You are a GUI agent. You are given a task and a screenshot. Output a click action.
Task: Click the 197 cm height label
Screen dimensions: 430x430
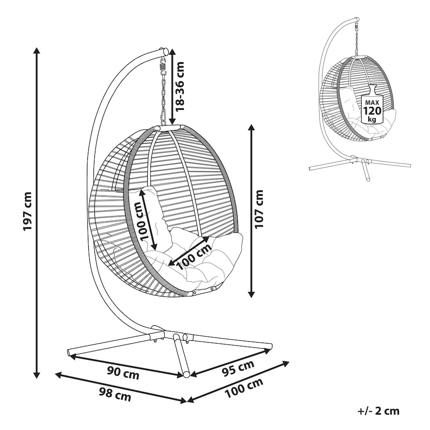point(28,211)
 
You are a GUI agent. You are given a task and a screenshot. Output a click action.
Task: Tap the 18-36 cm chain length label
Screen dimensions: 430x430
point(179,86)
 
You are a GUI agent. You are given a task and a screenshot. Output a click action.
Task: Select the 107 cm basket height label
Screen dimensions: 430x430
point(259,209)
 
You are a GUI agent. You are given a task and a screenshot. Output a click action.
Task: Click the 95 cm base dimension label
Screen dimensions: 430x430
point(238,368)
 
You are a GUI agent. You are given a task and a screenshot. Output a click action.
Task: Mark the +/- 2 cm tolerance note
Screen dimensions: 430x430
point(379,411)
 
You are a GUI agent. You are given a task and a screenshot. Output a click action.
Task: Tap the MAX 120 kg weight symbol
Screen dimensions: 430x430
point(372,104)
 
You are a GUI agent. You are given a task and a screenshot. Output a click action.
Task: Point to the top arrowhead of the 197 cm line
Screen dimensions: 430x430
point(36,50)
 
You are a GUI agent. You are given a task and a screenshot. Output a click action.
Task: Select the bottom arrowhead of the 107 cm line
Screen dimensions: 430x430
point(251,294)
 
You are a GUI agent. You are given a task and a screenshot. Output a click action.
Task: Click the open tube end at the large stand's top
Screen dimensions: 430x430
point(165,51)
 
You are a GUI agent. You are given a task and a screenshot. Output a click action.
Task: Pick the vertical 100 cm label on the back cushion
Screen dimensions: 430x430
point(141,220)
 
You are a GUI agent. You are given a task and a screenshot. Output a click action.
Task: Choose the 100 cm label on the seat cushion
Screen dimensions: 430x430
point(194,257)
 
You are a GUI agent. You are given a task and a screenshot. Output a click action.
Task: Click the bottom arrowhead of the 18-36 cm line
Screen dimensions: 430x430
point(172,121)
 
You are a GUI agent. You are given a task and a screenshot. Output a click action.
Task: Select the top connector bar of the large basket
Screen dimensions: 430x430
point(167,128)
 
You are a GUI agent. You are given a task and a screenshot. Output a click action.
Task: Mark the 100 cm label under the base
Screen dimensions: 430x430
point(244,388)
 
